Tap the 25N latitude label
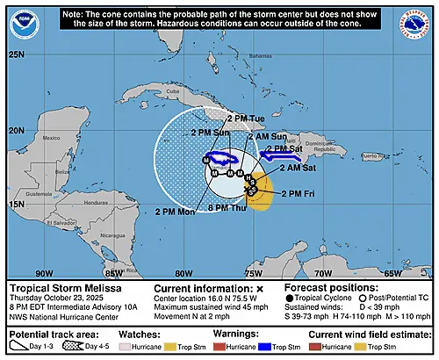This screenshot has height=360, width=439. pyautogui.click(x=17, y=54)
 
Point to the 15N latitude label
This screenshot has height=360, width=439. pyautogui.click(x=17, y=205)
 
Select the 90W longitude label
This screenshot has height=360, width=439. pyautogui.click(x=41, y=272)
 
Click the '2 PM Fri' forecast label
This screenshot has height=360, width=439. pyautogui.click(x=301, y=191)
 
